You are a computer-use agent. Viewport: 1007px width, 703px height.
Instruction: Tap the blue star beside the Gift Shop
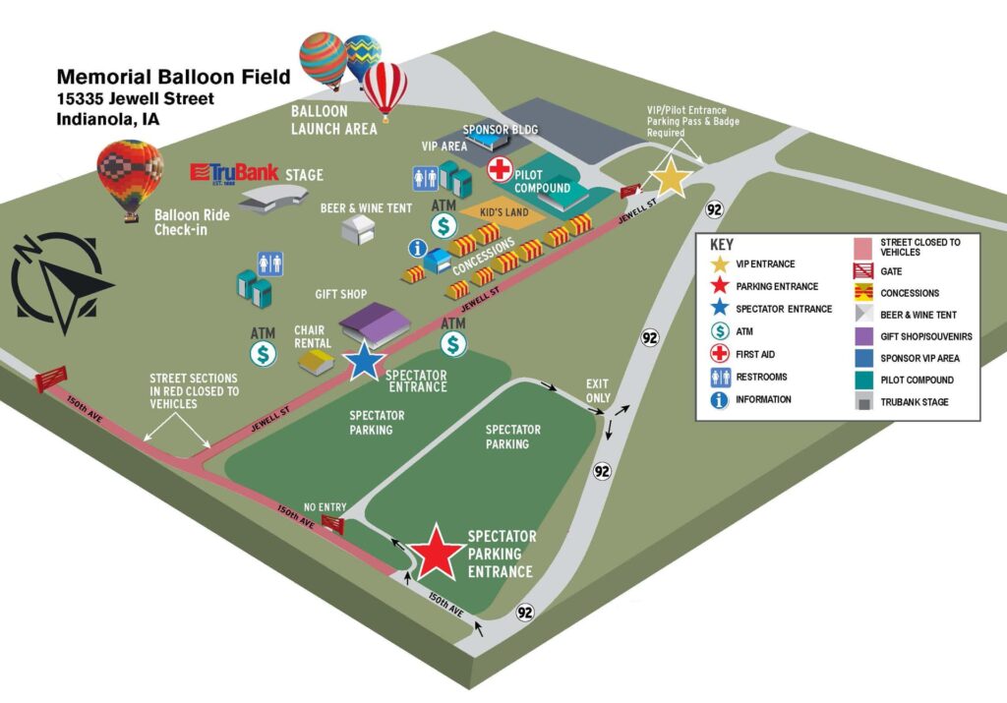pyautogui.click(x=365, y=361)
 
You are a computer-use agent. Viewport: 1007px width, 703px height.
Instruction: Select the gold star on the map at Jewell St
pyautogui.click(x=672, y=178)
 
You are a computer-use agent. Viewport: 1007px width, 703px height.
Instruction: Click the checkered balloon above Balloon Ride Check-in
pyautogui.click(x=129, y=177)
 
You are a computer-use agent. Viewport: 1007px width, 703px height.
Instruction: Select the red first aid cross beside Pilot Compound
pyautogui.click(x=501, y=167)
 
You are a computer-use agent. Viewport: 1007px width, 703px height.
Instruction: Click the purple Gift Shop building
pyautogui.click(x=373, y=322)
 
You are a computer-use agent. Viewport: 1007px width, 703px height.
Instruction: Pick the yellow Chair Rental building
pyautogui.click(x=317, y=362)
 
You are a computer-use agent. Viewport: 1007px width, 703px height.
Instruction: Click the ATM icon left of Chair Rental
pyautogui.click(x=264, y=353)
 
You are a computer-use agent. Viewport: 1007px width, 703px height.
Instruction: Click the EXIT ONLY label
pyautogui.click(x=598, y=390)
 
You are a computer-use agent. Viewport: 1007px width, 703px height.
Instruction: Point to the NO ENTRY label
pyautogui.click(x=325, y=507)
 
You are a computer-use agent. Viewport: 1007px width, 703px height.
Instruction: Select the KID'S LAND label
pyautogui.click(x=505, y=211)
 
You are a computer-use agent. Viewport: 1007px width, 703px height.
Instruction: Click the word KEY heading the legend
pyautogui.click(x=721, y=245)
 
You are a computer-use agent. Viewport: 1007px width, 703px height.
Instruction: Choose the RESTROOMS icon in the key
pyautogui.click(x=720, y=377)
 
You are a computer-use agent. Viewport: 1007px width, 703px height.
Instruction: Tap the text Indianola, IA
pyautogui.click(x=108, y=119)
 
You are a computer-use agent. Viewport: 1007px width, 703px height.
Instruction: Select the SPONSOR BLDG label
pyautogui.click(x=501, y=130)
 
